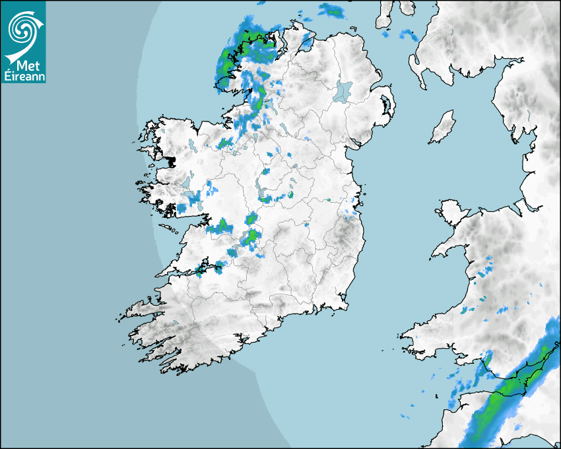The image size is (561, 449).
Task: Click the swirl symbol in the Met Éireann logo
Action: [x=23, y=28]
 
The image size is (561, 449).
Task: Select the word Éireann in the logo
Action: [x=23, y=76]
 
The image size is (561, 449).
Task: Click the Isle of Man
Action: [x=443, y=127]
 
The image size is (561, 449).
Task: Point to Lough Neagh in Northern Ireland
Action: [x=343, y=90]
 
